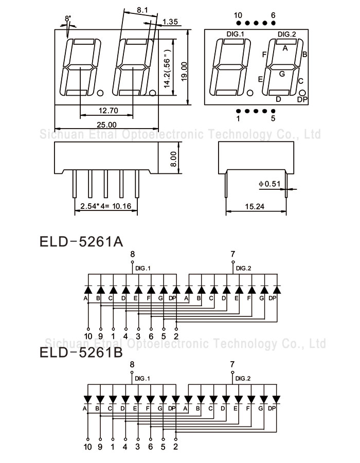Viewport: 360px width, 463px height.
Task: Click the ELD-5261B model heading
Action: pos(81,353)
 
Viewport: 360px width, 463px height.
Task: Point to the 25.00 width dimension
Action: pos(106,124)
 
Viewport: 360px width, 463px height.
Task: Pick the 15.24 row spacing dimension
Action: pos(256,206)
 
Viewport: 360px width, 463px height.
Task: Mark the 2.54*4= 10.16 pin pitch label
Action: pos(106,207)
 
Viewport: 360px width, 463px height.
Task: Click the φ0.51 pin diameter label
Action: pos(269,183)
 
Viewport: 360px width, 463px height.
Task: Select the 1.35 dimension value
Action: pos(170,22)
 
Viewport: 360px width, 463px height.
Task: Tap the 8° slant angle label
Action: pos(68,19)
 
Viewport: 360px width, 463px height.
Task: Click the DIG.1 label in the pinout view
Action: pos(235,34)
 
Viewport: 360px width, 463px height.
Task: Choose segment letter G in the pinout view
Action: pos(282,74)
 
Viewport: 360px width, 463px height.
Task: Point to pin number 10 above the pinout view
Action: pos(237,15)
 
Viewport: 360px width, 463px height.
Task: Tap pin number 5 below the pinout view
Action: pos(273,118)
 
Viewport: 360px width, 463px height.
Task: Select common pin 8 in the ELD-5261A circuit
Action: pos(132,254)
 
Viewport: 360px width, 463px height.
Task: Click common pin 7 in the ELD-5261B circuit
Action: pos(232,364)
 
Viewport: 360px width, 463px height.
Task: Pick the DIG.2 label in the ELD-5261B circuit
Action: pos(243,379)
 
